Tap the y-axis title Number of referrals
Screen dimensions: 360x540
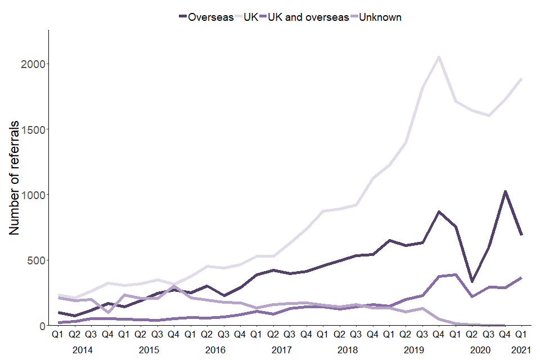tap(15, 178)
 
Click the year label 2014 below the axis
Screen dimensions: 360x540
tap(83, 350)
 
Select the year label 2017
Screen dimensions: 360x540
tap(281, 350)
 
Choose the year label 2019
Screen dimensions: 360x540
tap(413, 350)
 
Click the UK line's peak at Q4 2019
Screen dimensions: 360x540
tap(439, 57)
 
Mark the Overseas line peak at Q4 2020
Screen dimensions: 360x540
tap(505, 191)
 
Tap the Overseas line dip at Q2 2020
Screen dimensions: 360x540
tap(472, 281)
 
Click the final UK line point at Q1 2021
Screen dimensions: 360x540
tap(521, 79)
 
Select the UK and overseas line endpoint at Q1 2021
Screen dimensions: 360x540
tap(521, 278)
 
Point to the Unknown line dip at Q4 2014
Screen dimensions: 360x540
tap(107, 312)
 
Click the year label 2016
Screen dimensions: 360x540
tap(215, 350)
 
